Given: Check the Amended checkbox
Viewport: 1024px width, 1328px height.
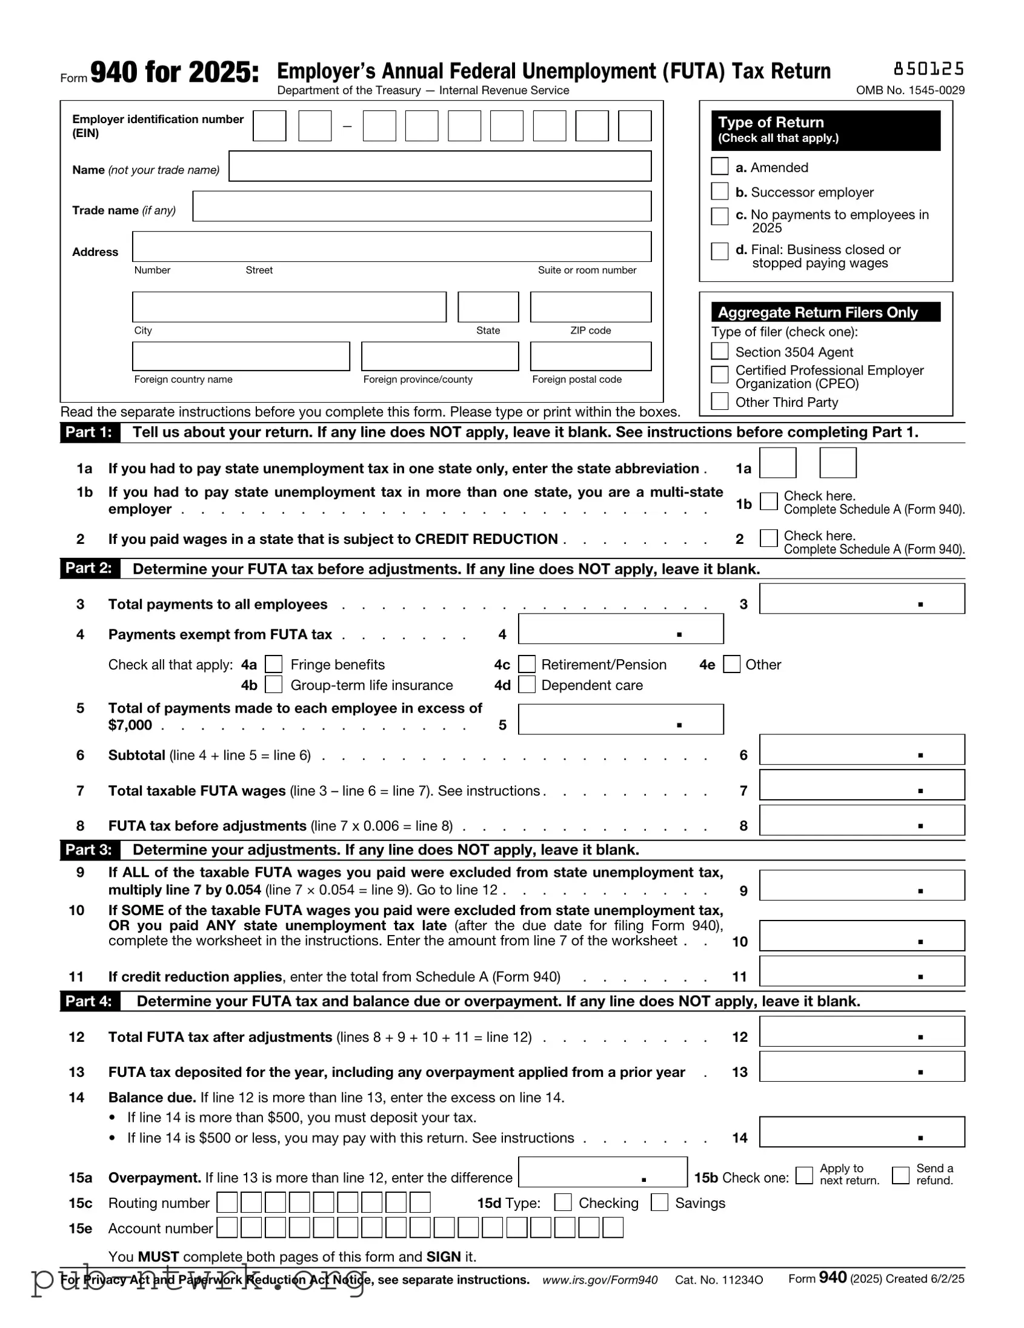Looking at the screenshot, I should [720, 167].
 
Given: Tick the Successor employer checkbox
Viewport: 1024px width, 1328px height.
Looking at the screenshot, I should [720, 192].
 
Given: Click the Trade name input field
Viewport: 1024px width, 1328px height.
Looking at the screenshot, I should [422, 207].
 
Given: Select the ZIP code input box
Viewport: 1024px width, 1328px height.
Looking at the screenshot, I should [590, 307].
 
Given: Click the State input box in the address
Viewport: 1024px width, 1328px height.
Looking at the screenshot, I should [488, 307].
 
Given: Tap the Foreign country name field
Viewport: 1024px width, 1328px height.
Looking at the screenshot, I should [241, 357].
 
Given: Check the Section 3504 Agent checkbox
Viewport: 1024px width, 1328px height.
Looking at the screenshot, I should [720, 352].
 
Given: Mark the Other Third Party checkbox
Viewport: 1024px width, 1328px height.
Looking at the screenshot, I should [720, 401].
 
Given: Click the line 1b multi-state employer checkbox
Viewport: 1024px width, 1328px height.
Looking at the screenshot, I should [769, 501].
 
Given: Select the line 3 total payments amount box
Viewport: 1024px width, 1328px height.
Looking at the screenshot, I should [861, 599].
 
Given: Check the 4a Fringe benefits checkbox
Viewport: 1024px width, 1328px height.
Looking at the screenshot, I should [274, 664].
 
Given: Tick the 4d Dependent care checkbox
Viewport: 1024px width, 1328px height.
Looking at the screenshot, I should [527, 685].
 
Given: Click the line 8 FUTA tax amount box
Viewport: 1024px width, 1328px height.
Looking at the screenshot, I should [861, 820].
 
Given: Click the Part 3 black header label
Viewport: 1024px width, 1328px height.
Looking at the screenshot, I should [89, 850].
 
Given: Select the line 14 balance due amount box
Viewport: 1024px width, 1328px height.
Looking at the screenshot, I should [861, 1132].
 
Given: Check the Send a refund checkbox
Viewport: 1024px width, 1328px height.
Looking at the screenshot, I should [900, 1175].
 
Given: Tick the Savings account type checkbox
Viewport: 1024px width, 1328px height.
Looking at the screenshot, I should [659, 1202].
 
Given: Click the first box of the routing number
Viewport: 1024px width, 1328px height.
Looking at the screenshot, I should [227, 1202].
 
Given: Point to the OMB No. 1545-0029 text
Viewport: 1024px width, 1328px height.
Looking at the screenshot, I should [909, 90].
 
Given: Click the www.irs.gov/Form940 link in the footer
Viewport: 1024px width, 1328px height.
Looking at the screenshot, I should [599, 1280].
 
